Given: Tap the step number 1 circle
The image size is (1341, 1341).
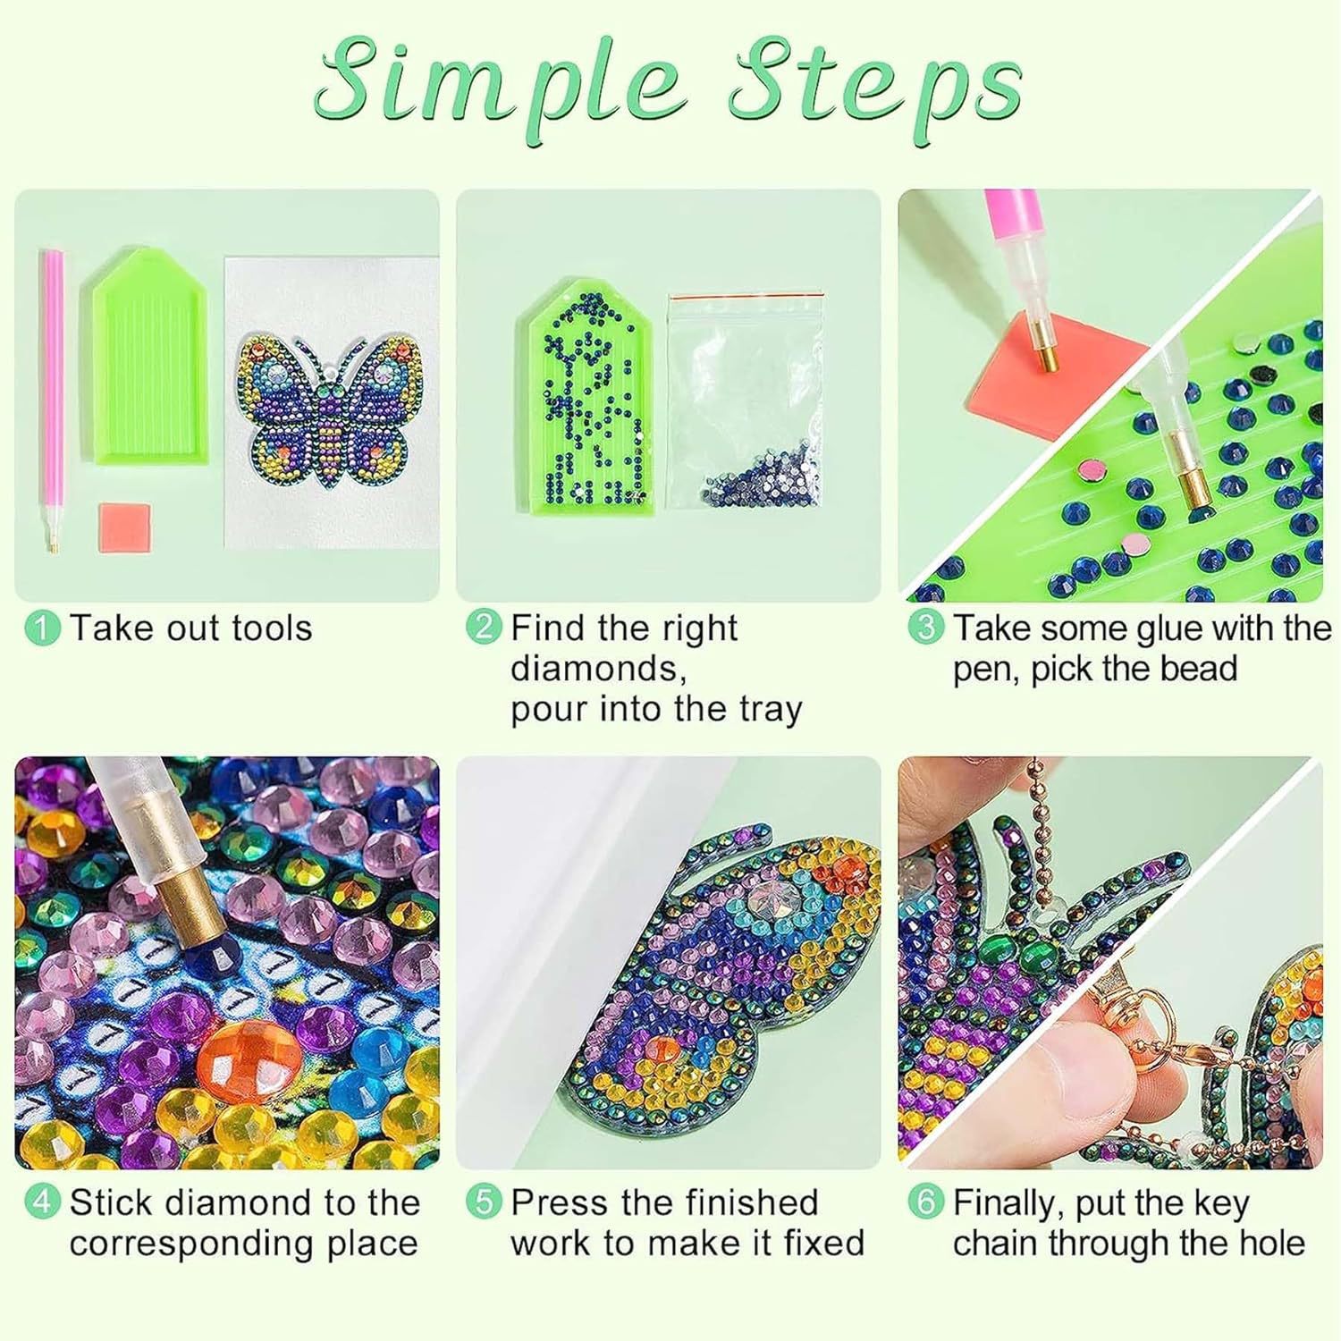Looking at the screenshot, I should tap(42, 628).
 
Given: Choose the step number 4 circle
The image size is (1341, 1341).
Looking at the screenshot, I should tap(42, 1202).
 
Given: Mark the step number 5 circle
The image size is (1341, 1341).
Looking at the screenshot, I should tap(484, 1202).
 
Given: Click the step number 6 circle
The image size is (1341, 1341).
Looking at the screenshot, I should tap(926, 1202).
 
